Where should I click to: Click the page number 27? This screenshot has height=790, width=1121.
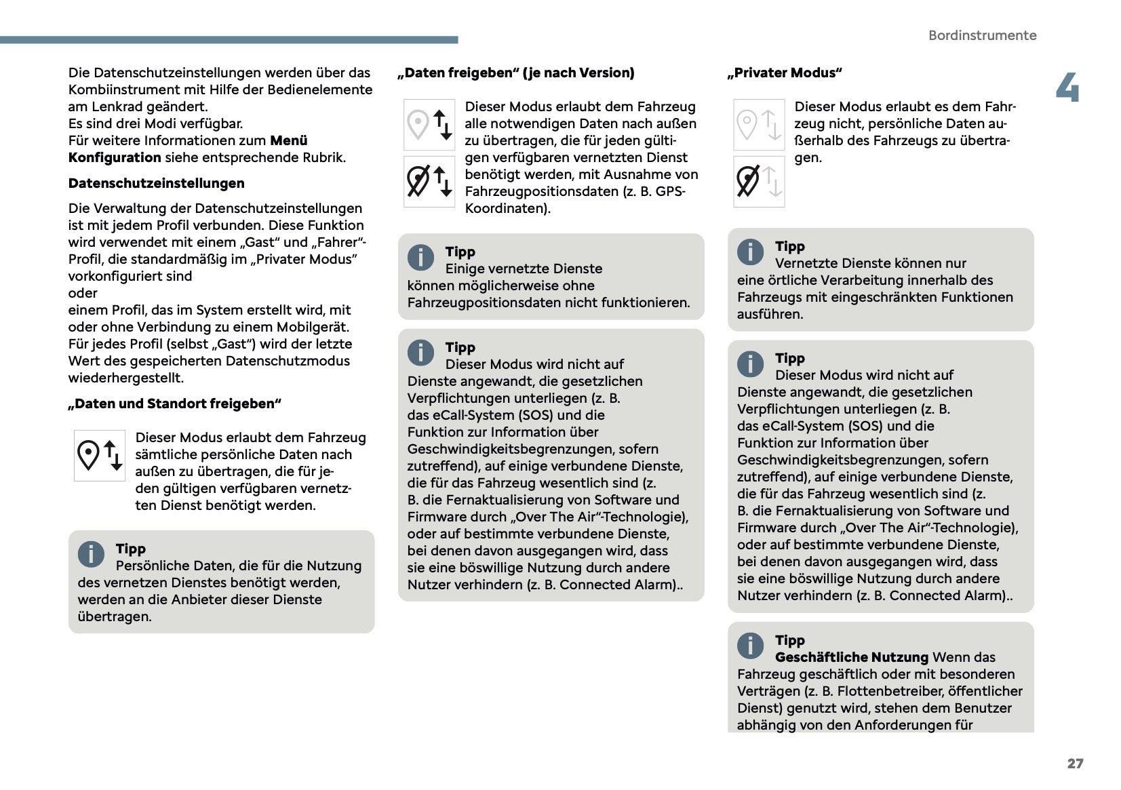1075,764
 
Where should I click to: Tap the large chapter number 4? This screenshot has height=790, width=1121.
1067,88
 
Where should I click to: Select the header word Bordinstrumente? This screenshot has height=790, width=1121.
982,35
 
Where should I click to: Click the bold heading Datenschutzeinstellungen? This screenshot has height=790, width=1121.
156,183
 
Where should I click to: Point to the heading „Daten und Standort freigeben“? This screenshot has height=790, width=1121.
174,403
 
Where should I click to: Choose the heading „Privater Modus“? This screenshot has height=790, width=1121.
785,73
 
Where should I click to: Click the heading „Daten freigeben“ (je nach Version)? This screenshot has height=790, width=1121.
516,73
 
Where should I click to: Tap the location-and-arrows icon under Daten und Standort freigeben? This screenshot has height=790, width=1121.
100,455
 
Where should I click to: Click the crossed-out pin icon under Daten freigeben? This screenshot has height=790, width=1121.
429,182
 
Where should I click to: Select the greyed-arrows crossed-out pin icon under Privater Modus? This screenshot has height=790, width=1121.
759,182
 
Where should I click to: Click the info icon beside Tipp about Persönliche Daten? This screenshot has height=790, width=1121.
91,554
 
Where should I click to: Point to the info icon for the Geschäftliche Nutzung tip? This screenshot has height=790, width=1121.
750,646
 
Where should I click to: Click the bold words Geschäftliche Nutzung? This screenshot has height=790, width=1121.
851,657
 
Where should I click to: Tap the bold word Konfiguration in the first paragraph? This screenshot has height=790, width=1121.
115,157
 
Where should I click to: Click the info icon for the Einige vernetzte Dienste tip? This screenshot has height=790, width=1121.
420,257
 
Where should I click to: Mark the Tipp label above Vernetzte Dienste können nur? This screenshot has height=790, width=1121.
789,246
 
